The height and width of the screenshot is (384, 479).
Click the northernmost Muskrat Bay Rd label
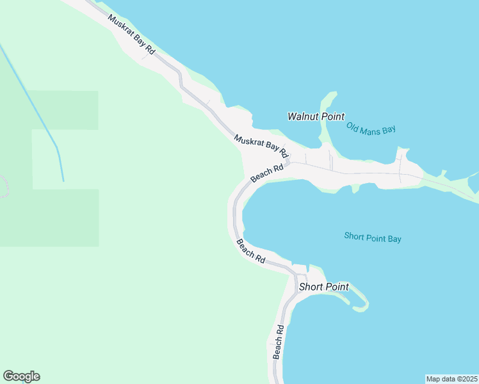click(x=131, y=34)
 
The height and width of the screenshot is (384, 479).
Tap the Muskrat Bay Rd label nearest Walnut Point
click(x=261, y=147)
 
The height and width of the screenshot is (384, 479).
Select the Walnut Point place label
click(x=316, y=116)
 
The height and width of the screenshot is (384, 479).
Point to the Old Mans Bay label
click(x=371, y=128)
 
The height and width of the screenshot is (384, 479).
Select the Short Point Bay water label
click(x=372, y=237)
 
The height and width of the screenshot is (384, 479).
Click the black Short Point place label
click(x=323, y=287)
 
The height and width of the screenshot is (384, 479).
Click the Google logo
click(x=22, y=376)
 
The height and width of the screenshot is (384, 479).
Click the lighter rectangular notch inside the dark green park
click(x=64, y=159)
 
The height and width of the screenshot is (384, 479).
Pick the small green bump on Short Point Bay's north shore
click(x=354, y=189)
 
